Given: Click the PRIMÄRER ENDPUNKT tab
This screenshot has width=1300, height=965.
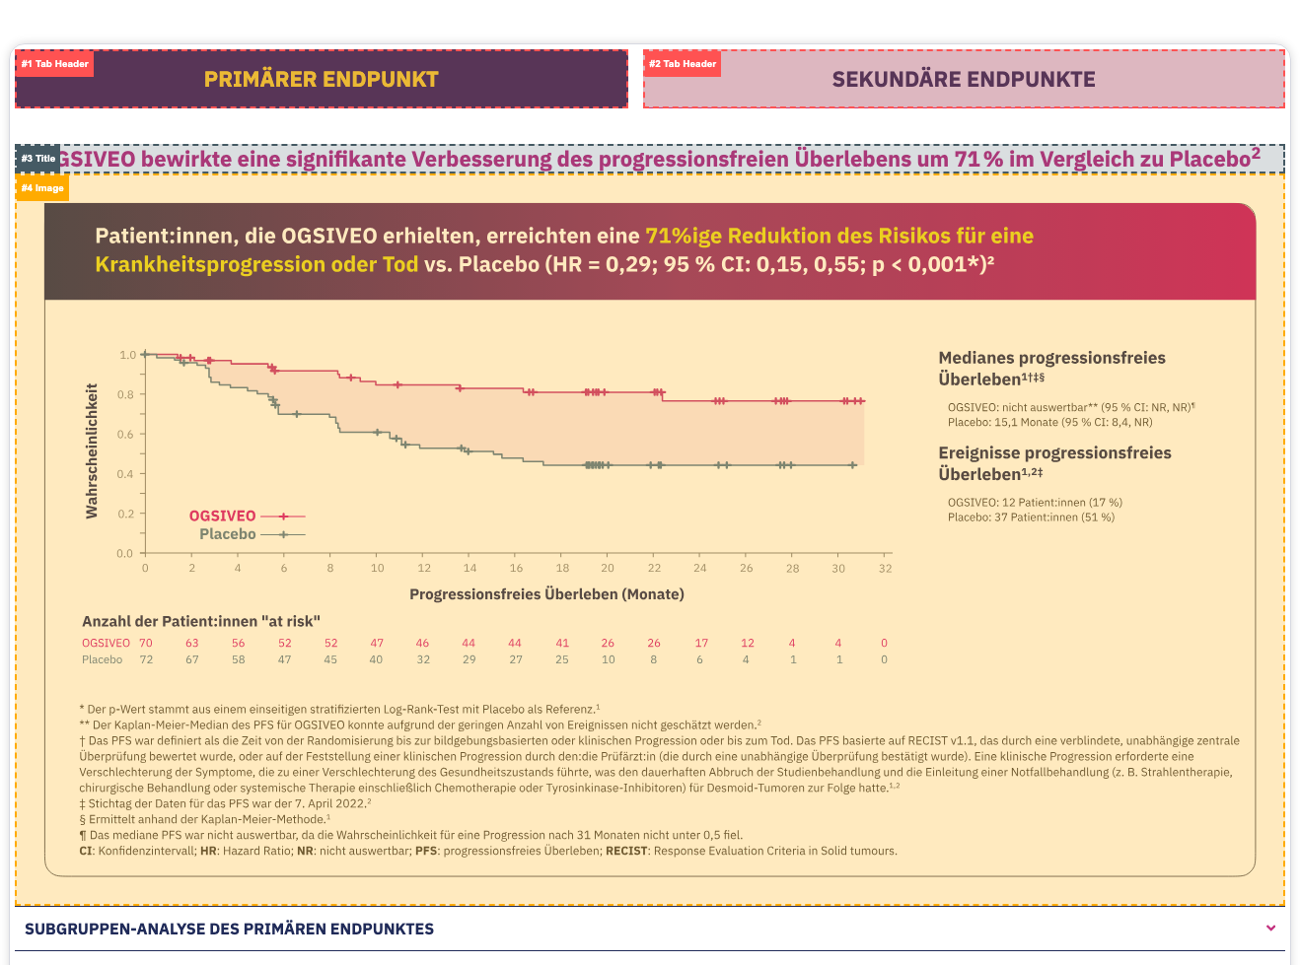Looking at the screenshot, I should coord(322,80).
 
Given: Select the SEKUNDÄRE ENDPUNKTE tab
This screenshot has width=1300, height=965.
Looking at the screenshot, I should coord(964,80).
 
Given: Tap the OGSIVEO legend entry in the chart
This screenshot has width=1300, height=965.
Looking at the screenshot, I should coord(223,516).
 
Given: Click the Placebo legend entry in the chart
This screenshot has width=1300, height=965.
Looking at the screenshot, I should coord(228,534).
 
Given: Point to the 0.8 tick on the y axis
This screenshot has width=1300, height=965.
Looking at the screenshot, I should coord(126,394).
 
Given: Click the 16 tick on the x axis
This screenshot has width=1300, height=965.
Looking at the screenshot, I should coord(516,568).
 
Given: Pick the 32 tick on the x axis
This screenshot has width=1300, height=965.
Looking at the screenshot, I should coord(885,568).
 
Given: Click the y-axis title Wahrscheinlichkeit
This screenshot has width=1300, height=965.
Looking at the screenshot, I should coord(92,450).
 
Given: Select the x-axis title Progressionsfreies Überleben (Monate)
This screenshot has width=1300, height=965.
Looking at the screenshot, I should coord(546,594).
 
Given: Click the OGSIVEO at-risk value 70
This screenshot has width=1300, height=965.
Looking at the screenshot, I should coord(146,643).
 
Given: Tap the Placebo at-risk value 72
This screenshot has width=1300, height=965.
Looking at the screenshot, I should coord(146,659).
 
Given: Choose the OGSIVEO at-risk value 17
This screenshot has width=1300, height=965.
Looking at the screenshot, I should coord(701,643).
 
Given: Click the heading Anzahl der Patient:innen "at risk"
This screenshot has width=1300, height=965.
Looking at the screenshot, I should coord(201,621).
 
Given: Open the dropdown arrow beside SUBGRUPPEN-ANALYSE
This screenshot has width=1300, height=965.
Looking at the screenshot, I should coord(1270,928).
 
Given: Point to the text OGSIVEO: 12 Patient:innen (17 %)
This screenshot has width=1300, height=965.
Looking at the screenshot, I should coord(1035,502).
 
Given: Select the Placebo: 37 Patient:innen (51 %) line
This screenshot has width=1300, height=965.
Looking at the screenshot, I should coord(1031,517).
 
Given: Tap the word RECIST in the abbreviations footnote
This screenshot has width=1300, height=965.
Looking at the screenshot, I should coord(627,851).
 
